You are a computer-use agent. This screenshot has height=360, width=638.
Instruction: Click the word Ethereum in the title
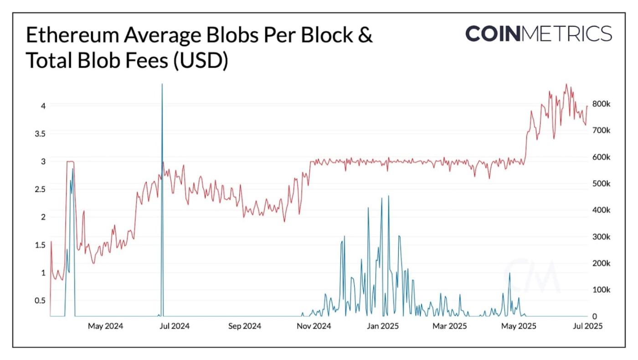72,35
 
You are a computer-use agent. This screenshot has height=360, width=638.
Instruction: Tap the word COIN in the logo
493,33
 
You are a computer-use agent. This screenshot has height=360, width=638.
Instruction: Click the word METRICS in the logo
566,33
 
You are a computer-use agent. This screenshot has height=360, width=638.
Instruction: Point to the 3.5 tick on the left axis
40,134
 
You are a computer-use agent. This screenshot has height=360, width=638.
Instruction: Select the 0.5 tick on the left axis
40,300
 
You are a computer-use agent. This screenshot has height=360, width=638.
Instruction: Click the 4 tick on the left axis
43,106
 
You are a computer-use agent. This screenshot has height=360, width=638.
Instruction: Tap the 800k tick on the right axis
601,104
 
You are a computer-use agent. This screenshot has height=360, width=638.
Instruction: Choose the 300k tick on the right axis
601,237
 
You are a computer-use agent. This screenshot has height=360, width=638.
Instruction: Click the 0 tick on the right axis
595,316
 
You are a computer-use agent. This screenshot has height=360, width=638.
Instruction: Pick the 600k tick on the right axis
601,157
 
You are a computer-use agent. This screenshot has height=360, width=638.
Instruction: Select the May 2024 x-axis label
105,326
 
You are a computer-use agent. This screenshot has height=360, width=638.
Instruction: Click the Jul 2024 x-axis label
174,326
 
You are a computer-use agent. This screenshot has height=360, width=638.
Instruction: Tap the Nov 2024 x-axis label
314,326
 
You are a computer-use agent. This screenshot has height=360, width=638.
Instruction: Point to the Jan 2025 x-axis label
383,326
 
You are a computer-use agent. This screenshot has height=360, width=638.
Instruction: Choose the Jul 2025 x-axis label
587,326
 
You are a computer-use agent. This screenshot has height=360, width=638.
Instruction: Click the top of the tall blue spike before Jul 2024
162,84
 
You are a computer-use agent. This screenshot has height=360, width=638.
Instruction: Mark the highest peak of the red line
566,84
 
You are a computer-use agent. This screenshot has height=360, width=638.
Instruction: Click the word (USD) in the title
201,61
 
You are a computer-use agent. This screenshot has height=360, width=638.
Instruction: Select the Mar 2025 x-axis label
450,326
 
